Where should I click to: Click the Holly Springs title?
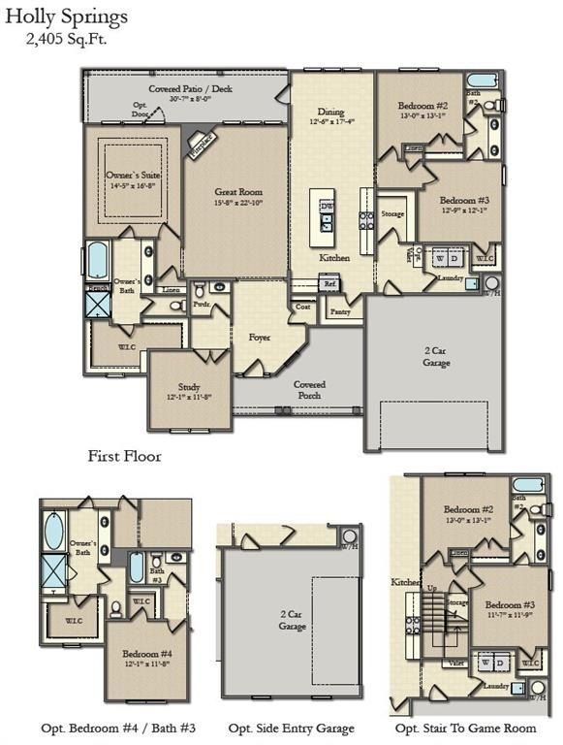click(x=66, y=16)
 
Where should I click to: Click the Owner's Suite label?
click(x=131, y=177)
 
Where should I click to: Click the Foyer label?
click(x=259, y=338)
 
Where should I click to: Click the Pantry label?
click(x=340, y=312)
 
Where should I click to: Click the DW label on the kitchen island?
click(x=327, y=207)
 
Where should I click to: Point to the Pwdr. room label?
click(x=203, y=304)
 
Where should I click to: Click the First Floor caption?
click(x=124, y=455)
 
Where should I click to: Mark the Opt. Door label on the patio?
click(x=141, y=108)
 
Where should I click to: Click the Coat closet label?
click(x=303, y=307)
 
